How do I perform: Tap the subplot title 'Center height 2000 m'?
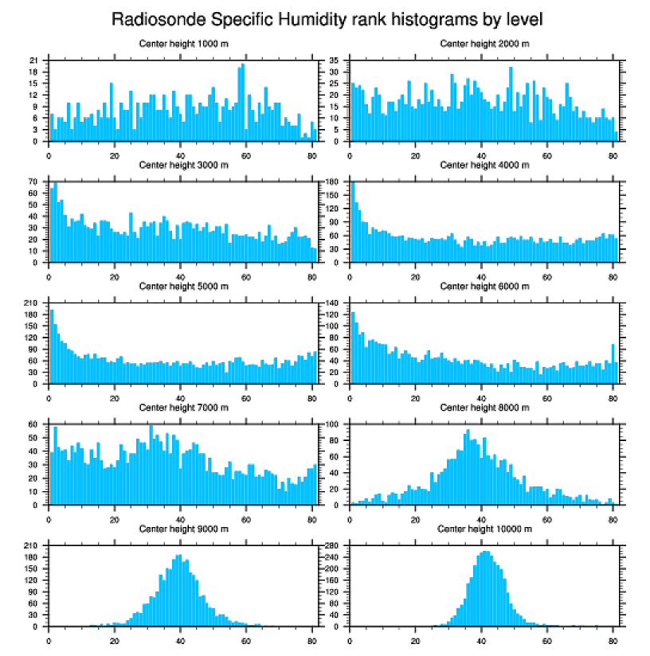(x=484, y=44)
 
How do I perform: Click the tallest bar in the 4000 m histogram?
(x=353, y=223)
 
